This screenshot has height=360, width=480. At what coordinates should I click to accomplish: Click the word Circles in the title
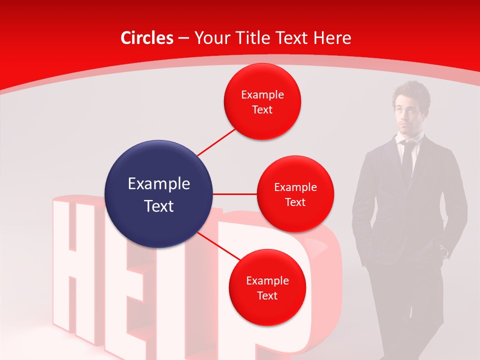point(147,38)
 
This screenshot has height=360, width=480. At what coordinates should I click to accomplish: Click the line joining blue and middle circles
point(235,193)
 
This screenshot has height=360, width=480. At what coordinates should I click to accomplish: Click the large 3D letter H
point(75,270)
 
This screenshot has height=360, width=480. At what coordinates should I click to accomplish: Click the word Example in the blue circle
point(159,184)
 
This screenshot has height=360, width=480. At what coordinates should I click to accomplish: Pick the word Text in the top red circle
point(262,109)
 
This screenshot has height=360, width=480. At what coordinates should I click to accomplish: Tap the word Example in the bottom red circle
point(267,281)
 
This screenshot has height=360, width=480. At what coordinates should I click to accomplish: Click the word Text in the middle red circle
point(295,202)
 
